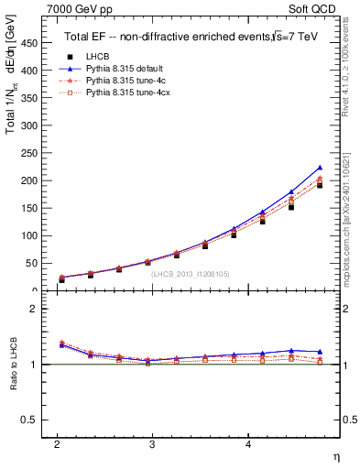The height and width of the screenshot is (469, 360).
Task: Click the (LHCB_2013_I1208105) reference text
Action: coord(191,274)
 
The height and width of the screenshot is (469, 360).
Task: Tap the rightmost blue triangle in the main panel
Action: coord(320,168)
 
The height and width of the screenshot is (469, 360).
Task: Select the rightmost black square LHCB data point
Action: coord(320,185)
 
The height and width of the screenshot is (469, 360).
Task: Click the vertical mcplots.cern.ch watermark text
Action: coord(349,220)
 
